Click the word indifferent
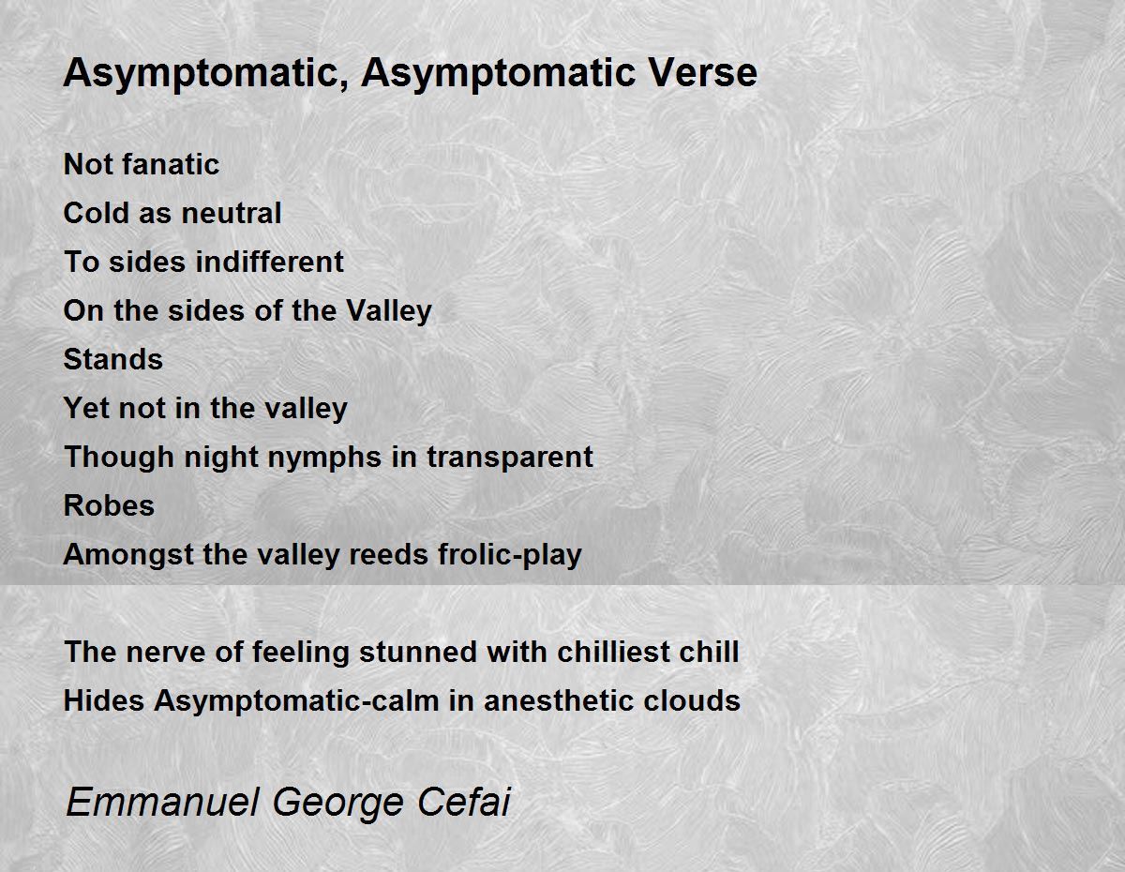[x=269, y=262]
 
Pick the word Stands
[x=112, y=359]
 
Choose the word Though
[x=118, y=458]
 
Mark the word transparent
[x=510, y=458]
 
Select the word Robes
[x=109, y=505]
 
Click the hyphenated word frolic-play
[x=510, y=555]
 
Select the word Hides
[x=103, y=700]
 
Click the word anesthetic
[x=559, y=700]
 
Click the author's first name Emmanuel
[x=162, y=802]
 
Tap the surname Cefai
[x=464, y=802]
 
